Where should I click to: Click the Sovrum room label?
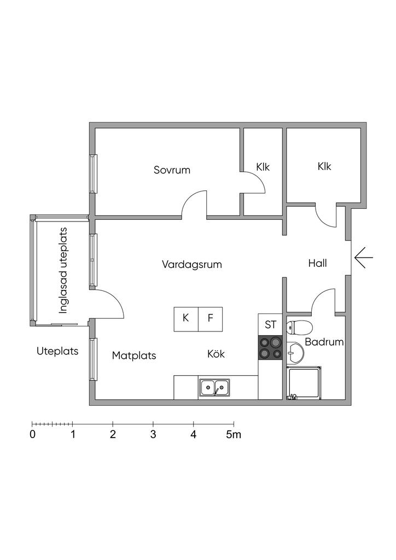click(172, 170)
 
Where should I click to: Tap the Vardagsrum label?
click(191, 265)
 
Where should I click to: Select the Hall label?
click(317, 264)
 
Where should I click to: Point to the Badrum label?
click(324, 343)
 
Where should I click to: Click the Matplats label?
click(134, 355)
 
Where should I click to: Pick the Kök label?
click(216, 354)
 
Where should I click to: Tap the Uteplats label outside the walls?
click(57, 351)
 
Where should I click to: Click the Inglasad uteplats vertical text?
click(63, 270)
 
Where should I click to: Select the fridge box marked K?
click(186, 318)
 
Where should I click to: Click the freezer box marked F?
click(210, 318)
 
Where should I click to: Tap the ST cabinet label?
click(270, 324)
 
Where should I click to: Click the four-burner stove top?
click(270, 348)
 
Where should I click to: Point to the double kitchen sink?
click(214, 387)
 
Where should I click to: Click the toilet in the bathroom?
click(299, 327)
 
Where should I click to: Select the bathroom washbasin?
click(295, 353)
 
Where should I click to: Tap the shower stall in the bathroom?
click(305, 383)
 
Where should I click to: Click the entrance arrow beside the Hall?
click(363, 258)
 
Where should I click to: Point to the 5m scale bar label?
click(234, 435)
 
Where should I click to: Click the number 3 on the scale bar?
click(153, 435)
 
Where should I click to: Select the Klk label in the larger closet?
click(324, 167)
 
